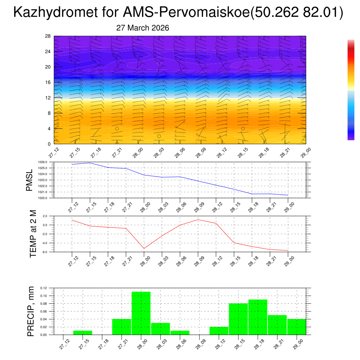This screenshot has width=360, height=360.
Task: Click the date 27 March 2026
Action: click(x=142, y=28)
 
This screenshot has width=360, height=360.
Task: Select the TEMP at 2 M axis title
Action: click(x=33, y=233)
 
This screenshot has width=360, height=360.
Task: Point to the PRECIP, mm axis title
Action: click(x=31, y=311)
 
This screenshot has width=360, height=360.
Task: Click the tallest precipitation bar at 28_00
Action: click(x=141, y=313)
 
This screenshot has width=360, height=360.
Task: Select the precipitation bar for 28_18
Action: click(x=258, y=317)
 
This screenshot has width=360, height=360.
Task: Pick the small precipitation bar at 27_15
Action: click(x=83, y=333)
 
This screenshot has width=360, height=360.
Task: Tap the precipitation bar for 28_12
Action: click(x=219, y=331)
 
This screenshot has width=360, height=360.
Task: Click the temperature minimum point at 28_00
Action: click(x=144, y=249)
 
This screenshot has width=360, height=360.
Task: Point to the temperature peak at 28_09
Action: click(x=198, y=220)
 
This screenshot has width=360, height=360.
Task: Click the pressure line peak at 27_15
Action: click(x=90, y=163)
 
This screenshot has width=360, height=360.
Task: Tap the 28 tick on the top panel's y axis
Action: click(x=48, y=36)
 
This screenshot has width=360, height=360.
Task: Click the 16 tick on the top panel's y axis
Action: click(x=48, y=82)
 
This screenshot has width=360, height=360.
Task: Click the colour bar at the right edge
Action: click(x=351, y=90)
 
